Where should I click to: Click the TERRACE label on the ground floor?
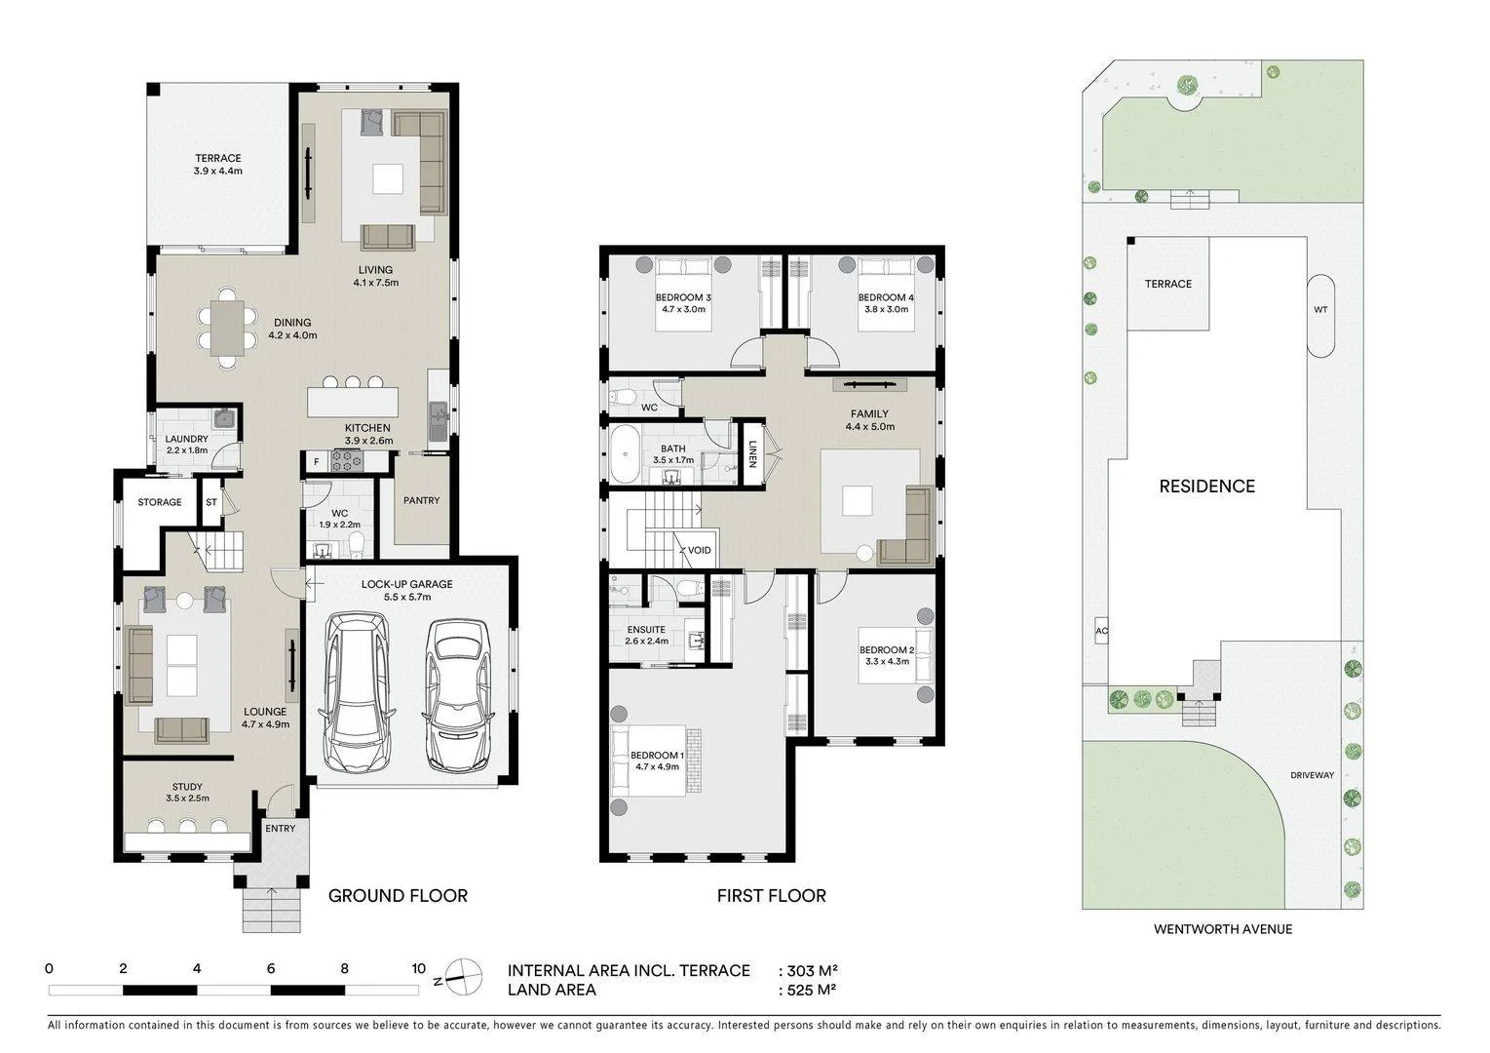218,158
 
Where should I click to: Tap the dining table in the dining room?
227,328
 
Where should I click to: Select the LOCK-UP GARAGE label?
407,584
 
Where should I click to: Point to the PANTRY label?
421,500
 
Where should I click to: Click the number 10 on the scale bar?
418,968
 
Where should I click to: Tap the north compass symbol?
462,977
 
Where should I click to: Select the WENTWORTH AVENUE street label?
1223,929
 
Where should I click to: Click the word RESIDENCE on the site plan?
1206,487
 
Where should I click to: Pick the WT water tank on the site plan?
1320,316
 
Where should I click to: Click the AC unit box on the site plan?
1101,631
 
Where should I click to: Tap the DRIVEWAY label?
1312,775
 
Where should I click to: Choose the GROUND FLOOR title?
398,896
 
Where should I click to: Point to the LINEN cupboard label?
752,454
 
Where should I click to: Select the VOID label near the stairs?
699,551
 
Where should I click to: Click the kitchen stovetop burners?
347,460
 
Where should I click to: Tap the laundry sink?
223,418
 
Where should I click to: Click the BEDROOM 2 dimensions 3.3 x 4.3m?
888,662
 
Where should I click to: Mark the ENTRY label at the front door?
280,829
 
